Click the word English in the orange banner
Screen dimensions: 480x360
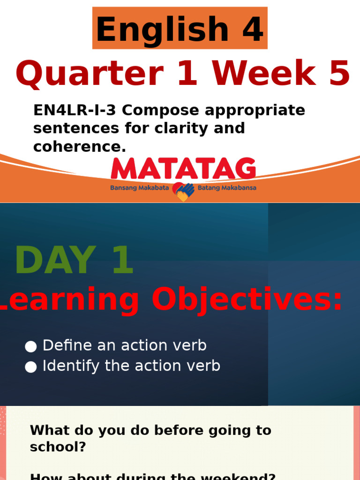[162, 29]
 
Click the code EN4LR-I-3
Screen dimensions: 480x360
[75, 111]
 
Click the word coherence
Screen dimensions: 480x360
[78, 146]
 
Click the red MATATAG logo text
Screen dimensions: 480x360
[183, 169]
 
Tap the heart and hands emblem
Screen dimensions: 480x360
[183, 191]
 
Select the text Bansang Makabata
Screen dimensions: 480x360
[139, 188]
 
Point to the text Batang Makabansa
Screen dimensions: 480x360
[227, 188]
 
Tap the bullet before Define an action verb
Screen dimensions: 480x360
[31, 346]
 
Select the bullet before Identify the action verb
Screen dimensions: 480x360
[31, 367]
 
